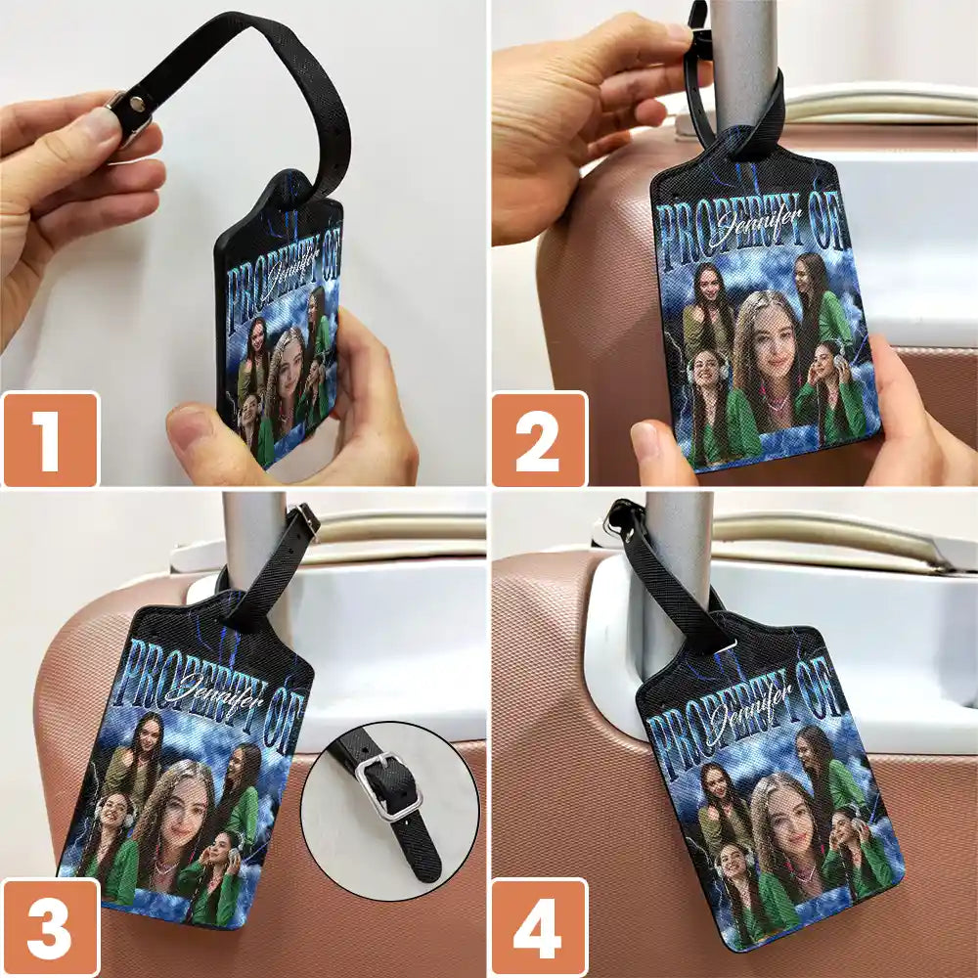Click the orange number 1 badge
tap(50, 439)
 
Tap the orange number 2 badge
tap(539, 439)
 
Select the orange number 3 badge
tap(50, 927)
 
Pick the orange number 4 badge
tap(539, 927)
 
